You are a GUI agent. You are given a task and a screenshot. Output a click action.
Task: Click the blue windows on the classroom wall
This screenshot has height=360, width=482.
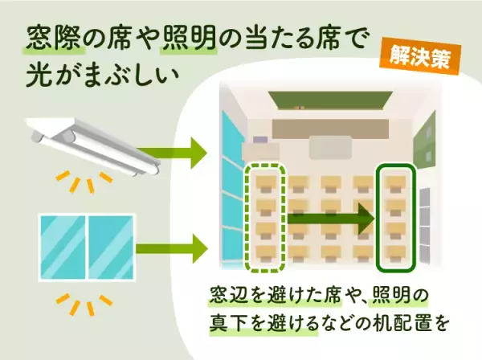point(231,185)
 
